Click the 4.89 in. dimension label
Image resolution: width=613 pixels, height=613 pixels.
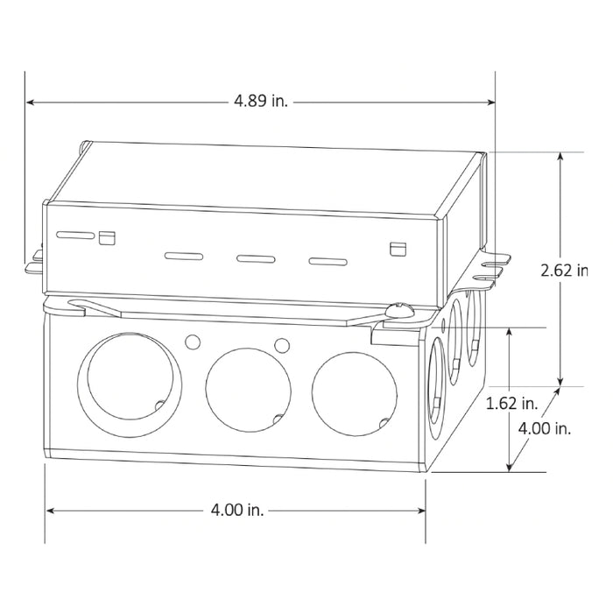pyautogui.click(x=260, y=102)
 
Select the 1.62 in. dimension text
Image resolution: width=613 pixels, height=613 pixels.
pyautogui.click(x=511, y=404)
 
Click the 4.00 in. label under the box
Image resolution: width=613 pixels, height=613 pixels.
pyautogui.click(x=237, y=510)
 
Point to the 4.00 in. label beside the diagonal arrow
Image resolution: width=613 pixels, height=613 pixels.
pyautogui.click(x=544, y=429)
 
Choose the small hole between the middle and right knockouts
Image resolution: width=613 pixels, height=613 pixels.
pyautogui.click(x=282, y=343)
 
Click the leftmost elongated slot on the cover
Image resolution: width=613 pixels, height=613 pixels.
pyautogui.click(x=75, y=236)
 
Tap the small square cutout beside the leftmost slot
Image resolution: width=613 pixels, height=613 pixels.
pyautogui.click(x=108, y=236)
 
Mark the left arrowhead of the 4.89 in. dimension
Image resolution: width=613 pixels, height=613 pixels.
pyautogui.click(x=30, y=102)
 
